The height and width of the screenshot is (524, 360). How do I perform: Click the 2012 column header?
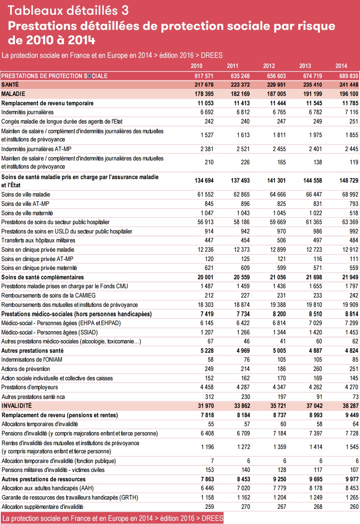point(269,66)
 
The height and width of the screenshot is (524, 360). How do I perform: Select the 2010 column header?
point(196,66)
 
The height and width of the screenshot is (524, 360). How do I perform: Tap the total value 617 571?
point(204,76)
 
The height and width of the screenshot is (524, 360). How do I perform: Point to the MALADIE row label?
point(13,94)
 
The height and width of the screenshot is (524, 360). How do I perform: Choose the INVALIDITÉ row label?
point(17,406)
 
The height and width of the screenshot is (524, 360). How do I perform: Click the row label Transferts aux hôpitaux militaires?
point(38,240)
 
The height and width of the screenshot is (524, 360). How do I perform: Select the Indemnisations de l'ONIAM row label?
point(32,360)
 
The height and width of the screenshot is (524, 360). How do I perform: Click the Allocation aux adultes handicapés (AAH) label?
point(47,488)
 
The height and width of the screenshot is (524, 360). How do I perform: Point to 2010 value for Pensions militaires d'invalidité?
point(210,470)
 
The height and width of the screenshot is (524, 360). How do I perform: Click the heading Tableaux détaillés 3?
point(68,10)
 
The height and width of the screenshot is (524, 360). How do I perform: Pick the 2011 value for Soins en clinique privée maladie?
point(241,250)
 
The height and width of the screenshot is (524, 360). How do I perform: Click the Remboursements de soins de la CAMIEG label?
point(48,296)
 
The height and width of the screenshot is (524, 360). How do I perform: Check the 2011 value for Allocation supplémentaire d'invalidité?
point(245,507)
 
